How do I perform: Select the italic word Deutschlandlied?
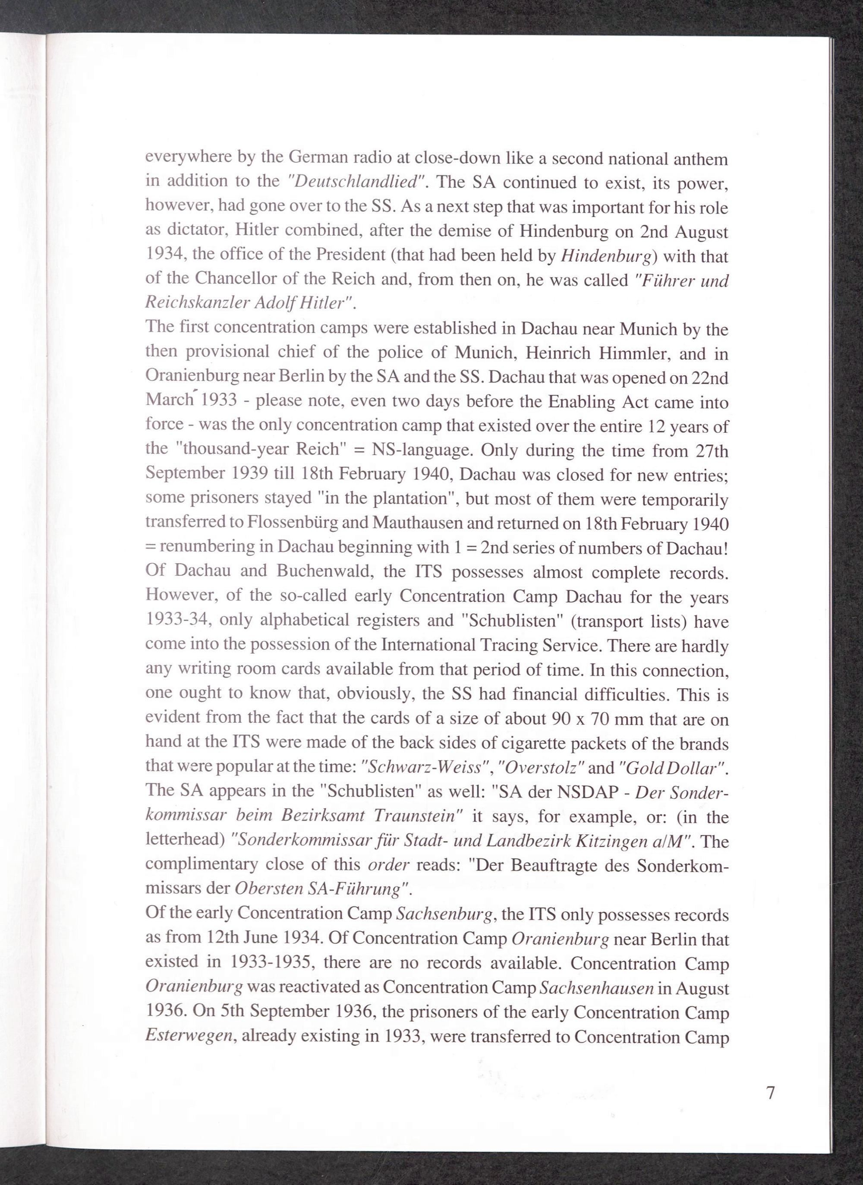[357, 181]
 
